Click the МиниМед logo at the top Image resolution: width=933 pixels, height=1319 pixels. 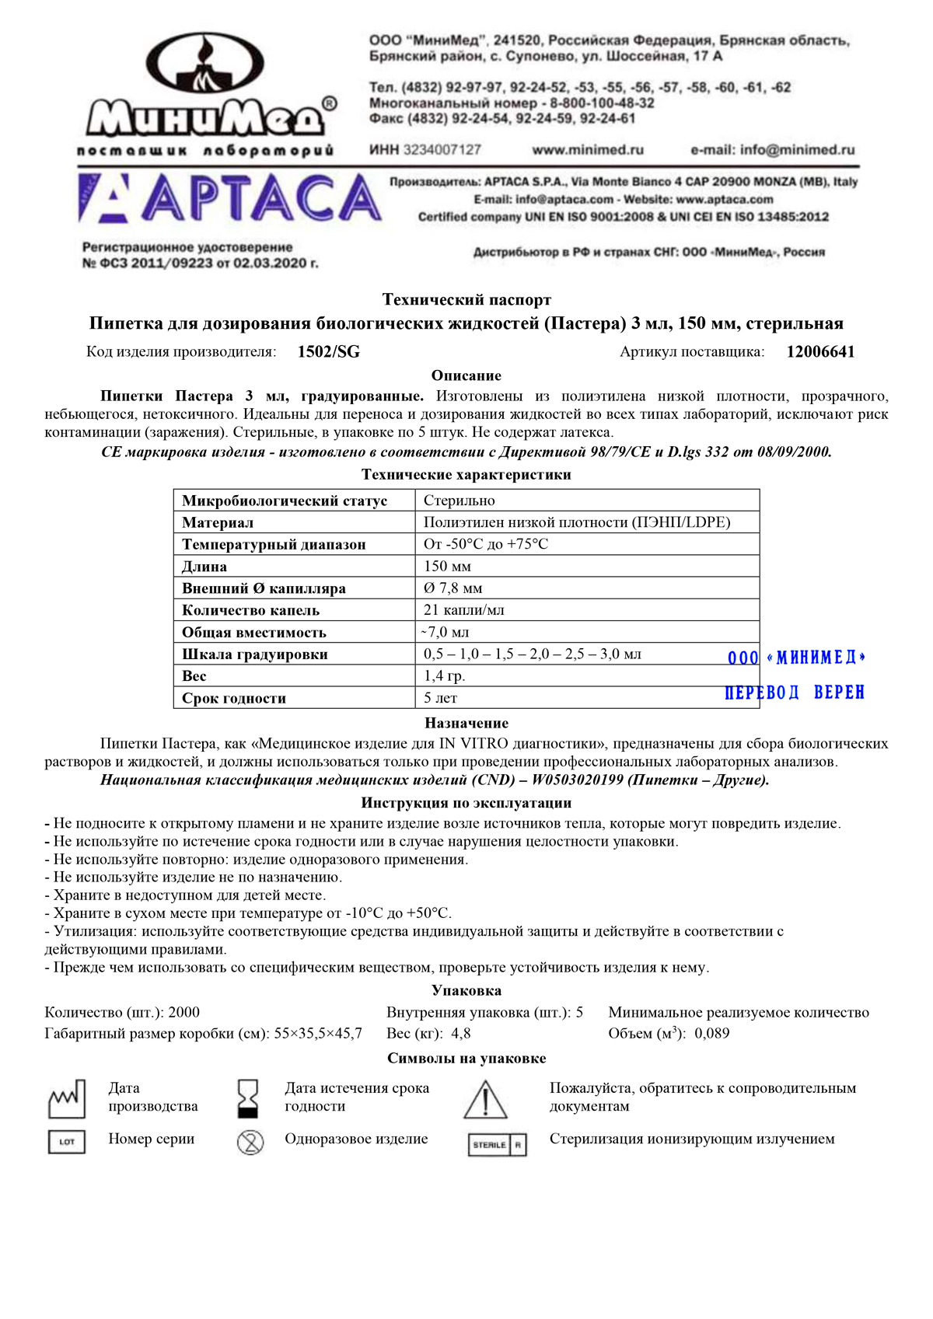(x=208, y=93)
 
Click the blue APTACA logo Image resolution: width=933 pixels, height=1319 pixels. (x=230, y=199)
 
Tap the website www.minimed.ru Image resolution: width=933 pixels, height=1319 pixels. (x=588, y=150)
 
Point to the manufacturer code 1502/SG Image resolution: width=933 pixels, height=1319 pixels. (x=329, y=352)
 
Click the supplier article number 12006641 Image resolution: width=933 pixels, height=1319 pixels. (x=820, y=352)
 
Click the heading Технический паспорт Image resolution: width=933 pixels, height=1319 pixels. (x=466, y=300)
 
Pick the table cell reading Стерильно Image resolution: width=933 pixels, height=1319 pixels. (x=459, y=501)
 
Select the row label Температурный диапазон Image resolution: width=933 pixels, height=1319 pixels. (x=274, y=545)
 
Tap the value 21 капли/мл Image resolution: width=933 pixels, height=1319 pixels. (x=463, y=610)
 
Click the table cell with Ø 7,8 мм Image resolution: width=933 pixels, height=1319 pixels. (x=453, y=588)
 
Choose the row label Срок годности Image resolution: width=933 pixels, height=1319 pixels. (x=234, y=698)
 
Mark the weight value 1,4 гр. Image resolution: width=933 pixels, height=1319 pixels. (x=444, y=676)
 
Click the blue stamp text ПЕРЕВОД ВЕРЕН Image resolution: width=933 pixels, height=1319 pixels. (x=795, y=693)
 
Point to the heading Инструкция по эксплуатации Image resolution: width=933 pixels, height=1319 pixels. (x=466, y=803)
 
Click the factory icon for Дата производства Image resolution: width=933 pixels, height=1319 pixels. (x=67, y=1098)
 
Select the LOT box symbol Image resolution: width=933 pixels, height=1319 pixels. (x=67, y=1142)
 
